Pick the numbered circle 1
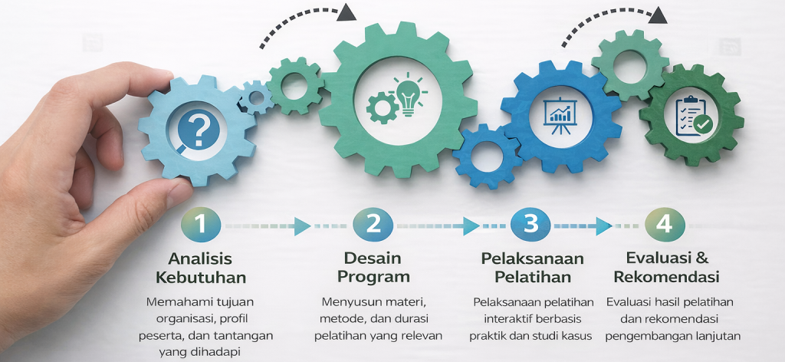point(200,225)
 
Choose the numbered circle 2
point(373,225)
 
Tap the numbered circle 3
point(531,225)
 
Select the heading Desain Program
point(373,267)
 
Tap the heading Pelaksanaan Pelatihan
point(532,267)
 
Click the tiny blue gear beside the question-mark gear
point(255,98)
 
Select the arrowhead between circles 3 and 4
point(604,225)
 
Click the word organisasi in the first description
point(179,318)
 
